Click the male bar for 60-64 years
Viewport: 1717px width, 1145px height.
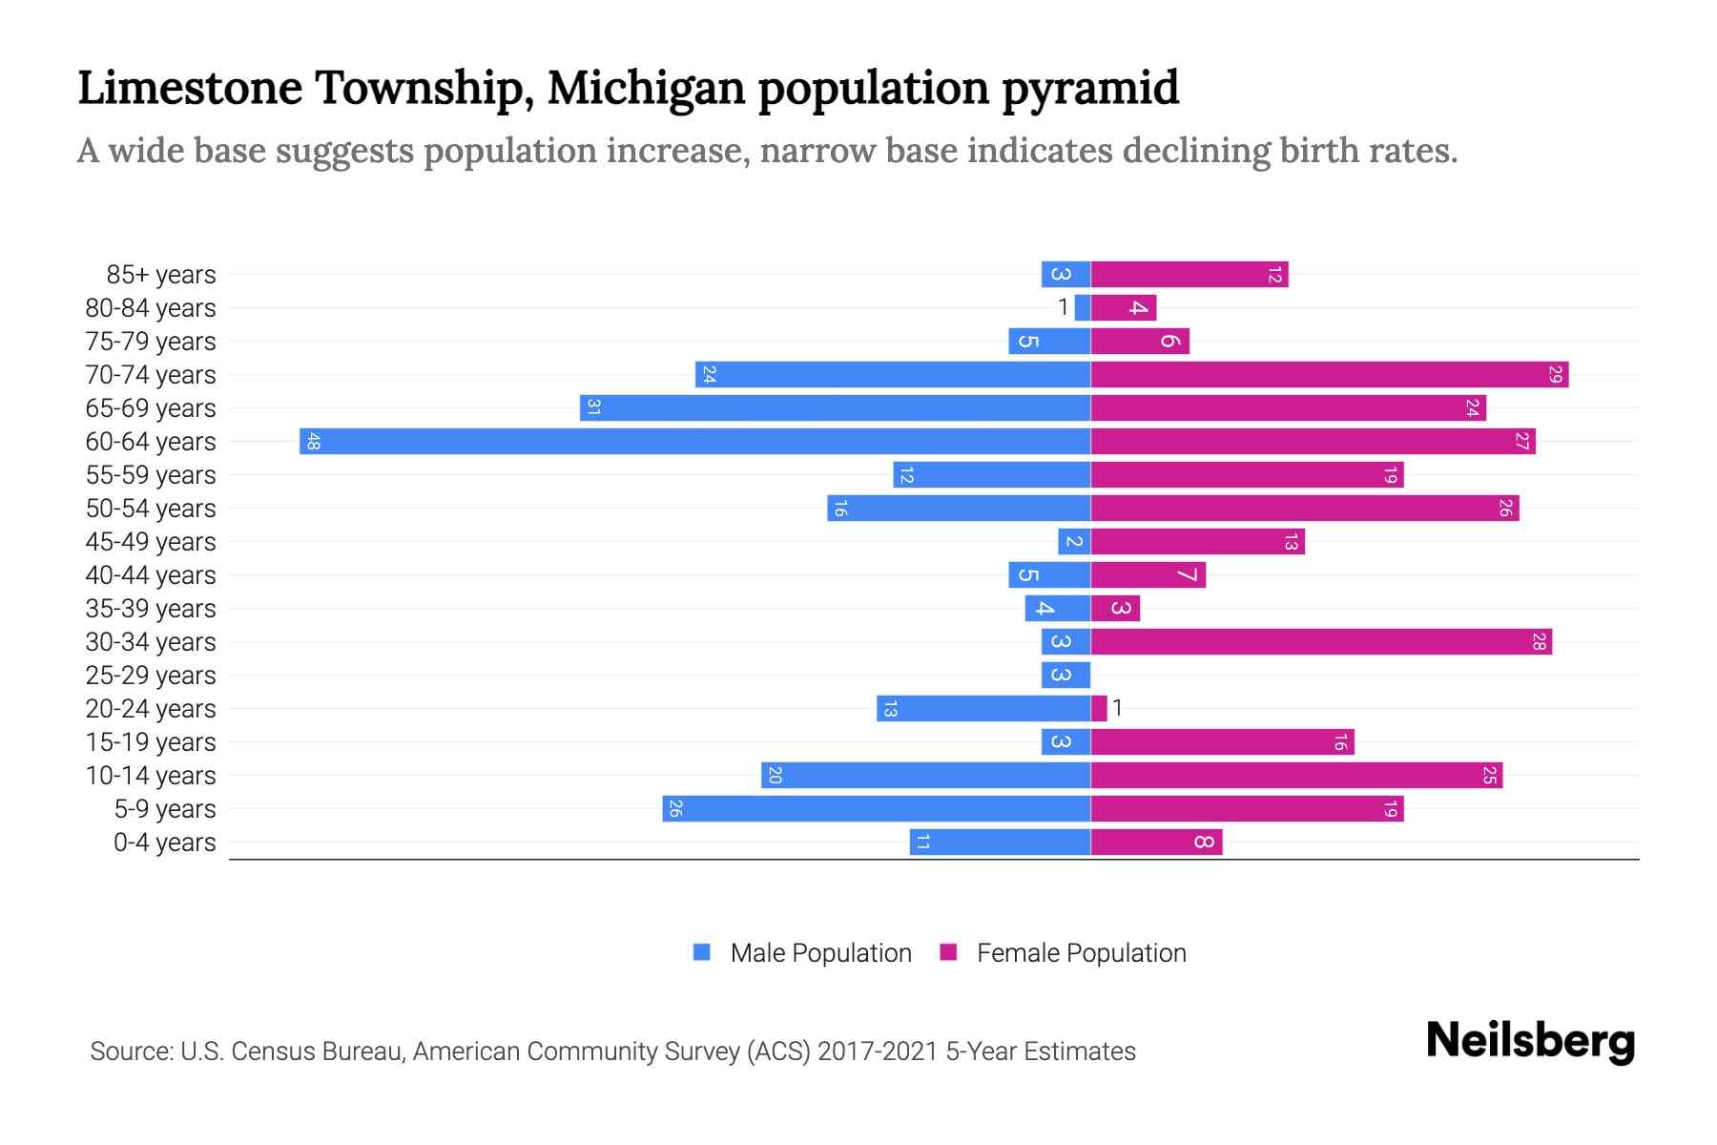(x=694, y=441)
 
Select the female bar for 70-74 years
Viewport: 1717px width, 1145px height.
(x=1329, y=374)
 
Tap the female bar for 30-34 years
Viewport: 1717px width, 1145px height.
(x=1321, y=641)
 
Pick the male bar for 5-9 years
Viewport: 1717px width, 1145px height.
(x=876, y=808)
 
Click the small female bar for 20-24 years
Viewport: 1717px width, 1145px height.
(x=1099, y=708)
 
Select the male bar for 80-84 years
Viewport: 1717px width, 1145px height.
(x=1082, y=307)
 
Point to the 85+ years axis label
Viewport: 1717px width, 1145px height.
(x=160, y=275)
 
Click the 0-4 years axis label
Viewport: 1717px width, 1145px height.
(x=164, y=843)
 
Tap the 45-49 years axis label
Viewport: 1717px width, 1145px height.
(x=151, y=542)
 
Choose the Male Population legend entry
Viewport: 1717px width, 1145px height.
(x=819, y=952)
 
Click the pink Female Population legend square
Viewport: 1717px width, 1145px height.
(x=948, y=952)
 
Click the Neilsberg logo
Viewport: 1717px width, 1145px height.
(x=1530, y=1041)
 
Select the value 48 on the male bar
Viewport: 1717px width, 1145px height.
(x=313, y=442)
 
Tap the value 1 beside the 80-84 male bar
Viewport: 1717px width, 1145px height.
(x=1063, y=307)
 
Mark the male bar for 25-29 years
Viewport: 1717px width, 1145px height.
(x=1065, y=675)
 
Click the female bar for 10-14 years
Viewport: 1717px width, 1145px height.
(x=1295, y=775)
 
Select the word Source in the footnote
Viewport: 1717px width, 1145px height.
(x=130, y=1051)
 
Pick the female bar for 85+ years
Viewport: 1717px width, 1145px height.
(x=1189, y=274)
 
